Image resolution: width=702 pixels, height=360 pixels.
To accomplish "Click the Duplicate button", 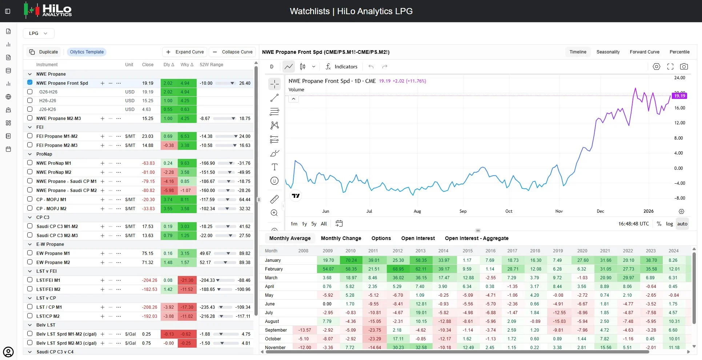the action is (44, 52).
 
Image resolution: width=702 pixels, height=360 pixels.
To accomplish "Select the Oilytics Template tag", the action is (87, 52).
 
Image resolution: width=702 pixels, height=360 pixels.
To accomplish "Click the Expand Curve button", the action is (185, 52).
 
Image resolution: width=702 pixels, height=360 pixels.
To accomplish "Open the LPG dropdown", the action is (39, 33).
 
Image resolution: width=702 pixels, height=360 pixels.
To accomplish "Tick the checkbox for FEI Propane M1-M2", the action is (30, 136).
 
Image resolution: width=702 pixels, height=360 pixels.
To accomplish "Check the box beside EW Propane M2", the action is (30, 262).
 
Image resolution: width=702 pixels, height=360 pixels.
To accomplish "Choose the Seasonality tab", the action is (608, 52).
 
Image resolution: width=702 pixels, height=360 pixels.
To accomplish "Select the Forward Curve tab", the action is (644, 52).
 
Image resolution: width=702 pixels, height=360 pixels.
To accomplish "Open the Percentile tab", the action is (679, 52).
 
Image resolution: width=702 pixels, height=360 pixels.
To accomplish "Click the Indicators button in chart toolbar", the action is (341, 67).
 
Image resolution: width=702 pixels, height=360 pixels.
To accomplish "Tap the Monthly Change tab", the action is (341, 238).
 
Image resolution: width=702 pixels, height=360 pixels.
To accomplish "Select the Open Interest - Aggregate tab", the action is (477, 238).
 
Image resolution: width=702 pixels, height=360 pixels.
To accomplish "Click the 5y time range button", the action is (314, 224).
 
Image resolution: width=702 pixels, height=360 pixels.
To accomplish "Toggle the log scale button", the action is (669, 224).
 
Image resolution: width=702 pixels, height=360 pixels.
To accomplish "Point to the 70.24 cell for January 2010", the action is (351, 260).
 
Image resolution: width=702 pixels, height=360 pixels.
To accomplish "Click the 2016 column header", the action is (490, 251).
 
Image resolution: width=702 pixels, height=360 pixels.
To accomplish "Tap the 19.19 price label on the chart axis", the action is (679, 96).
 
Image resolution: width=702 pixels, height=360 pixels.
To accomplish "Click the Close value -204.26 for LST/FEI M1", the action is (149, 280).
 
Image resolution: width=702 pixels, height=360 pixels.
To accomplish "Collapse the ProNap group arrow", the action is (30, 154).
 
